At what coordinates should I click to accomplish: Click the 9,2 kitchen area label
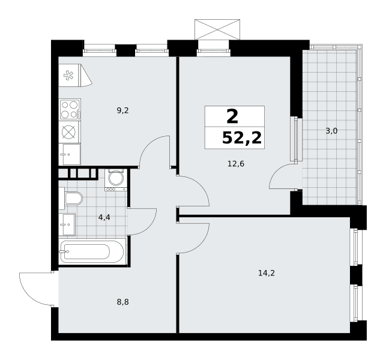122,111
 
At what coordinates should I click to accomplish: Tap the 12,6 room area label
236,164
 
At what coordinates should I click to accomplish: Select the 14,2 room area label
267,273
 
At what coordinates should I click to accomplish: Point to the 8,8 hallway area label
122,302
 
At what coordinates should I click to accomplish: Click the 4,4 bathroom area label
104,218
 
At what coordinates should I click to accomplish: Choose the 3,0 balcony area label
331,131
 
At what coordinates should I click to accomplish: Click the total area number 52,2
242,138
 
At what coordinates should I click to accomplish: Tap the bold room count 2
232,116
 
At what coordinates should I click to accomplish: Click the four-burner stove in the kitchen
70,110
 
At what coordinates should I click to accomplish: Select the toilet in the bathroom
71,199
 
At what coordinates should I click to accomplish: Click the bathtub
92,251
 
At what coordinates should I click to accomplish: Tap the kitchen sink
70,154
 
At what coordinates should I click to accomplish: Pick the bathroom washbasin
67,224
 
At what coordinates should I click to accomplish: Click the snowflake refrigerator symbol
68,75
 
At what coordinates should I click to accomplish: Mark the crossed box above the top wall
217,29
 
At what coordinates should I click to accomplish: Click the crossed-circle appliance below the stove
68,132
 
